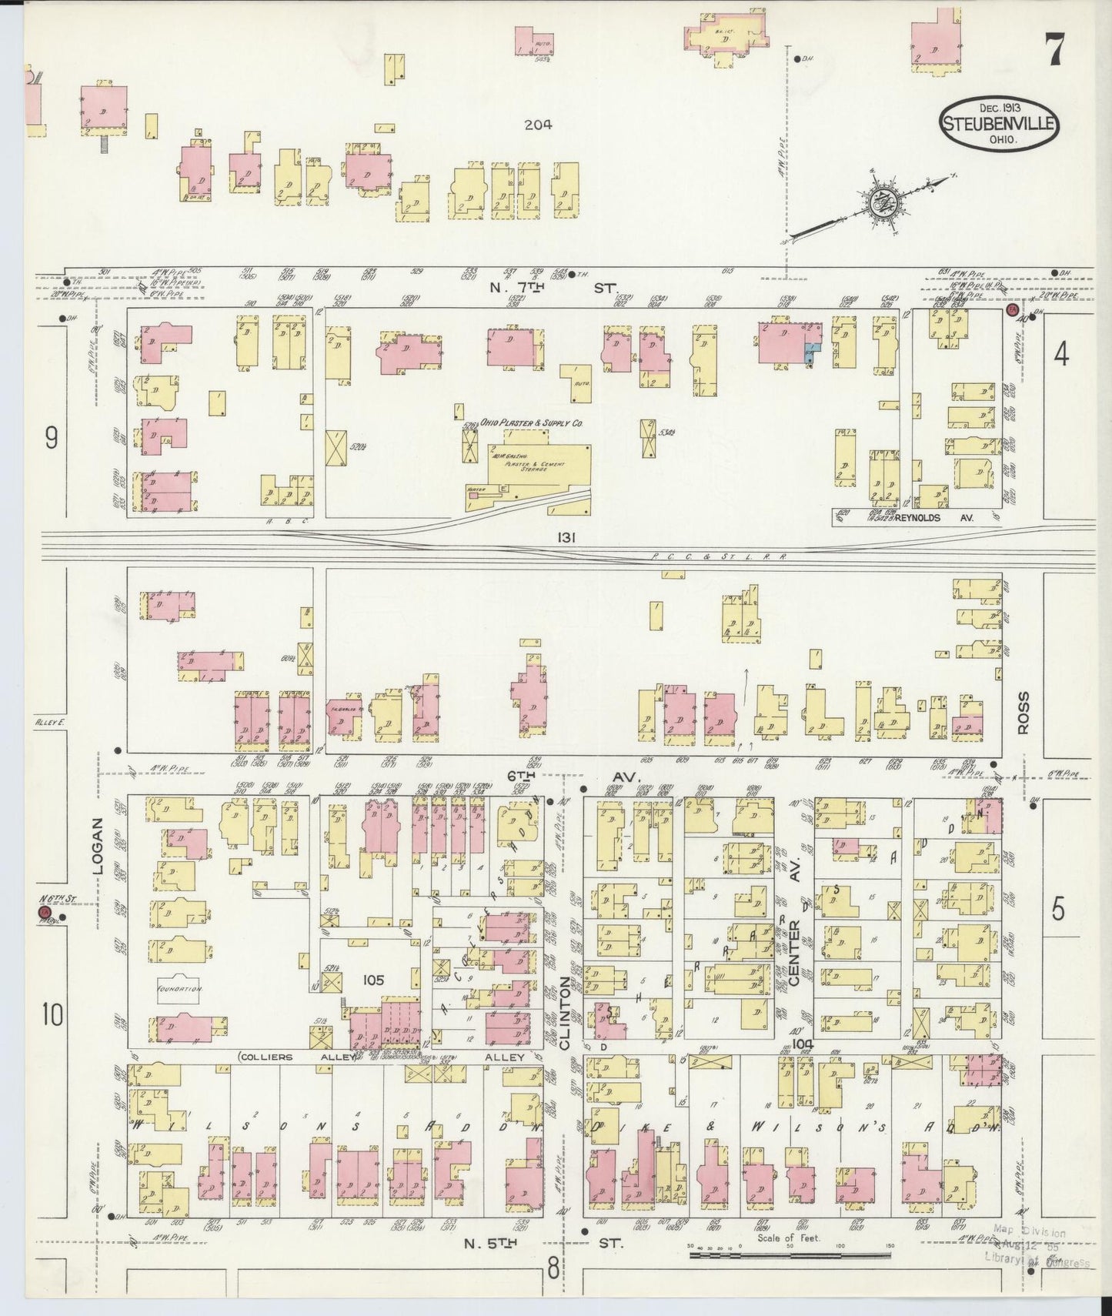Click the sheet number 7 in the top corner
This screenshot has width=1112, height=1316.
(x=1054, y=52)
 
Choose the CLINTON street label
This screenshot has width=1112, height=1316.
(x=566, y=1014)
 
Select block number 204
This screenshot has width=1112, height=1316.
(x=537, y=125)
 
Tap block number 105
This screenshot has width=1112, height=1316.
(x=374, y=980)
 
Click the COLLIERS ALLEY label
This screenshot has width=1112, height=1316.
(x=289, y=1057)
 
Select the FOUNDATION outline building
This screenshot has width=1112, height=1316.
(x=178, y=990)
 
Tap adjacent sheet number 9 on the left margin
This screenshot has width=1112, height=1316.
(x=51, y=438)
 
